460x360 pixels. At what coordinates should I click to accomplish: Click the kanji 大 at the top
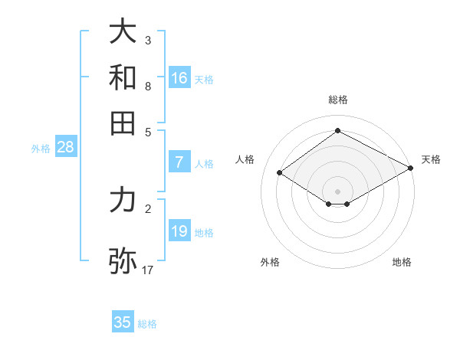(123, 31)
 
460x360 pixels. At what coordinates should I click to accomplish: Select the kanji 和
(123, 77)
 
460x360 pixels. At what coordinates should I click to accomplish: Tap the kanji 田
(123, 123)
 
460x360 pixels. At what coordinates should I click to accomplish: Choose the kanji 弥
(123, 260)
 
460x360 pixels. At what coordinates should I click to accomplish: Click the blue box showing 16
(179, 78)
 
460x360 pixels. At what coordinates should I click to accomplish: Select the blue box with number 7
(179, 162)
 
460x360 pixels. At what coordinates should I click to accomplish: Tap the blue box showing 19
(179, 231)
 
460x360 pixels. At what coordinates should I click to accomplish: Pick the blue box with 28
(65, 148)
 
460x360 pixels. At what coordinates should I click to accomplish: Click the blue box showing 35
(123, 322)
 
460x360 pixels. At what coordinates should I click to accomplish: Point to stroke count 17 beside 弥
(148, 270)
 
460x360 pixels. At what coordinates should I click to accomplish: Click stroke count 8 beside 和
(148, 86)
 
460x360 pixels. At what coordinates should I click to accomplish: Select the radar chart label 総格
(338, 100)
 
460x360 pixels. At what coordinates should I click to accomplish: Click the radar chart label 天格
(431, 159)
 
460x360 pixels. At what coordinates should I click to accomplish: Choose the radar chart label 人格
(245, 159)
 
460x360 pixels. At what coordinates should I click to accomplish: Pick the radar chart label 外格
(270, 262)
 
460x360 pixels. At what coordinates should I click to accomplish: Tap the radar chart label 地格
(402, 262)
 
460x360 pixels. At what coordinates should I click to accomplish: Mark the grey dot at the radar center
(338, 191)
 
